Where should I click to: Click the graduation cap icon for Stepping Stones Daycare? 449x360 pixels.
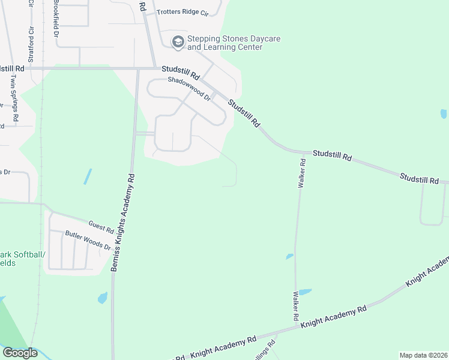click(x=178, y=42)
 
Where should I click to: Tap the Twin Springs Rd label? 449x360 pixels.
click(x=15, y=98)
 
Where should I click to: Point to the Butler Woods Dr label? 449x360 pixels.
click(x=88, y=241)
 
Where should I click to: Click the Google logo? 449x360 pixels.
click(x=20, y=353)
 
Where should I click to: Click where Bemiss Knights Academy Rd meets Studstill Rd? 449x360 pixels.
click(x=137, y=69)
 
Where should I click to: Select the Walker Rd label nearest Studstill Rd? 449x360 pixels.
click(x=303, y=173)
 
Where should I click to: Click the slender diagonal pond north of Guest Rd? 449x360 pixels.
click(x=88, y=176)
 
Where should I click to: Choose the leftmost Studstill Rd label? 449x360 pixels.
click(x=12, y=69)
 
